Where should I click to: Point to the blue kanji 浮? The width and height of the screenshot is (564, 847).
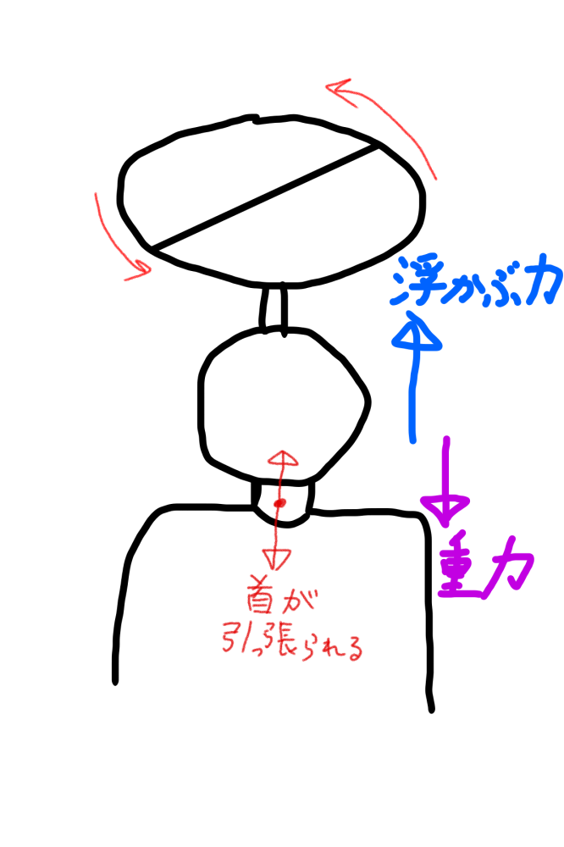pyautogui.click(x=416, y=282)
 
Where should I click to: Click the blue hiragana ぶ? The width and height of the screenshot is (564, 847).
pyautogui.click(x=505, y=287)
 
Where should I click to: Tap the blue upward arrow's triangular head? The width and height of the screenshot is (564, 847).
pyautogui.click(x=416, y=331)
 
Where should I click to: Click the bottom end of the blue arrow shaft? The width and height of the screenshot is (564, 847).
pyautogui.click(x=413, y=439)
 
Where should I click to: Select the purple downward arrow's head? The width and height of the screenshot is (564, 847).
pyautogui.click(x=445, y=507)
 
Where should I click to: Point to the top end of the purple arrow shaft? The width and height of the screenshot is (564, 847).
pyautogui.click(x=445, y=439)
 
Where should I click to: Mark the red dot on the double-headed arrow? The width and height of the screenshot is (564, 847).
pyautogui.click(x=280, y=504)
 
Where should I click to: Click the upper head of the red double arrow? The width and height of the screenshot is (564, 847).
pyautogui.click(x=283, y=460)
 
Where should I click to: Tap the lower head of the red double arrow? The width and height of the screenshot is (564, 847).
pyautogui.click(x=276, y=559)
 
